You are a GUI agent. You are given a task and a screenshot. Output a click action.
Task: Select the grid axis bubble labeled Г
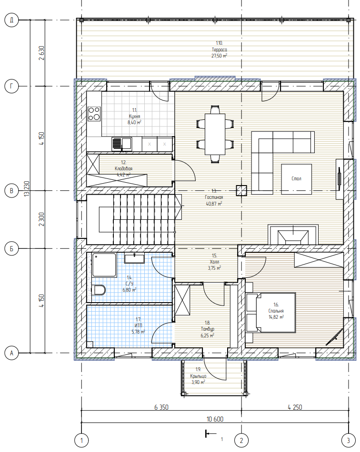coord(11,86)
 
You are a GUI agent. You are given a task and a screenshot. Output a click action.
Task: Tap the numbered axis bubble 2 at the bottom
coord(241,440)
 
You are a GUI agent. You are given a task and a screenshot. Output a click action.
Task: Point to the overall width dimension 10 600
coord(215,419)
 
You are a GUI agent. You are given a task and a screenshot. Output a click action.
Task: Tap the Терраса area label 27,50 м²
coord(219,56)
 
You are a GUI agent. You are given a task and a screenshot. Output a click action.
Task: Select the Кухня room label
coord(134,116)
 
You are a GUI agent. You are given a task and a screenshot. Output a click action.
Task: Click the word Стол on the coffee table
coord(296,178)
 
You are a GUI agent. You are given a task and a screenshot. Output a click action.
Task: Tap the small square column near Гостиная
coord(241,190)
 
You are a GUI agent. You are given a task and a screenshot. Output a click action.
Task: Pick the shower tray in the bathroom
coord(103,265)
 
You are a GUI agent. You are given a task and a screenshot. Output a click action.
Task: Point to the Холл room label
coord(215,265)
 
